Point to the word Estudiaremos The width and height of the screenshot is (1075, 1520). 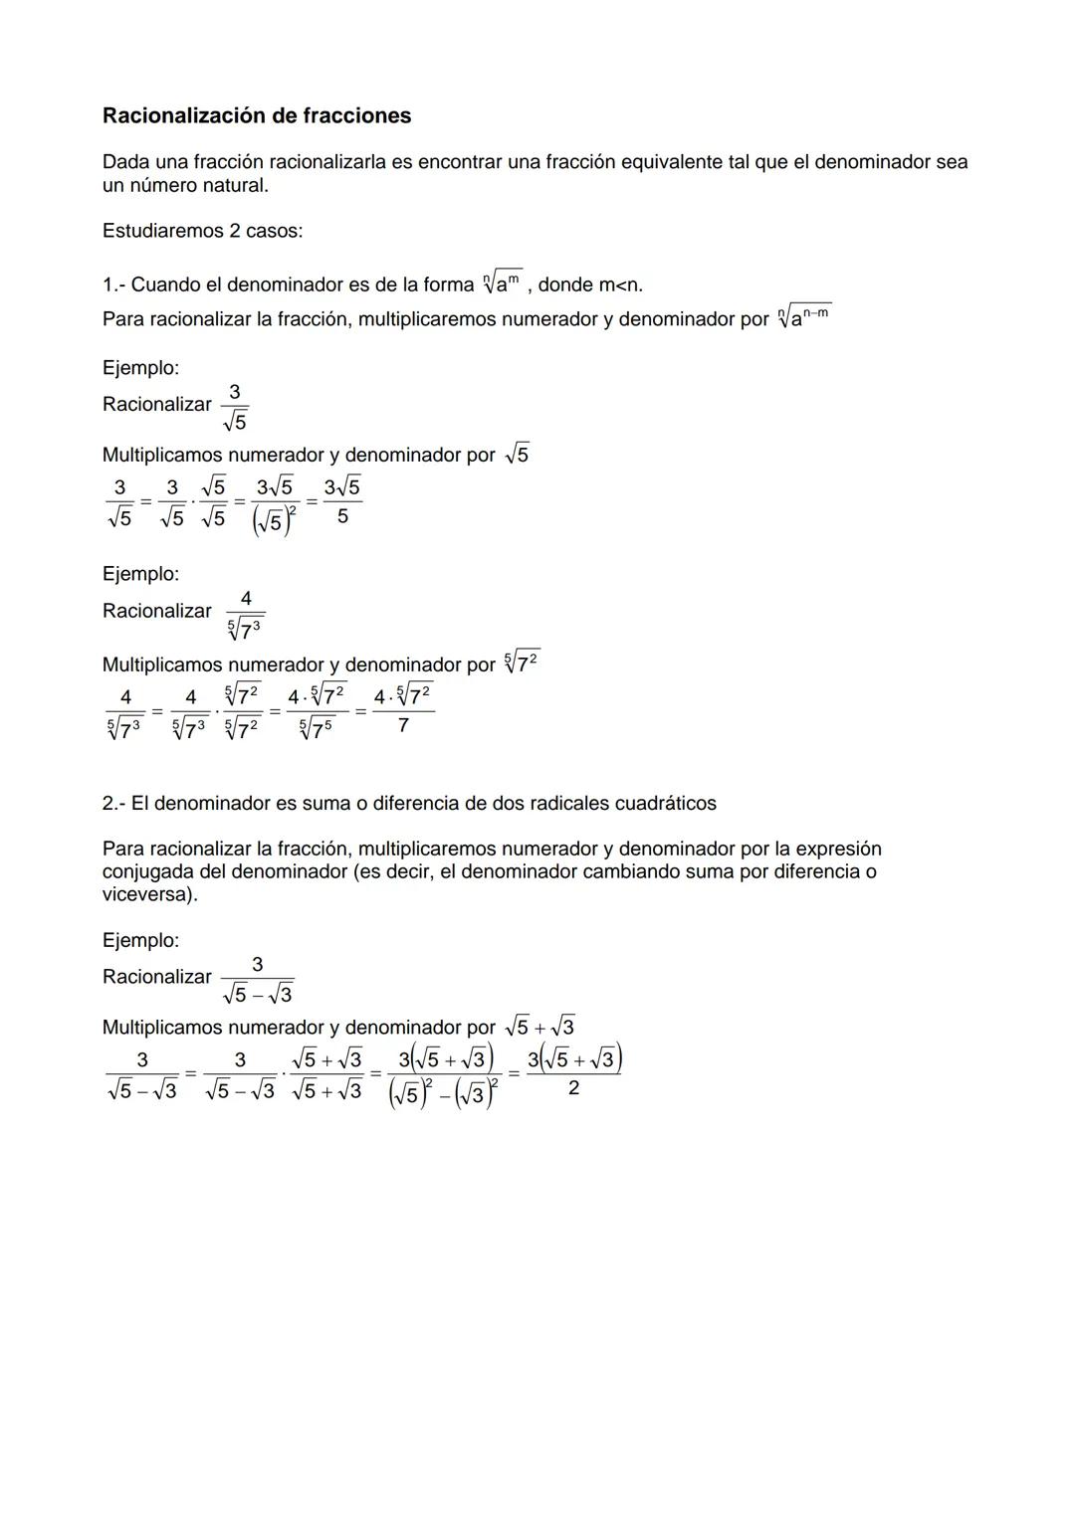[x=158, y=231]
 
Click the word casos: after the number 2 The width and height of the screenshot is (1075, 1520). [x=274, y=231]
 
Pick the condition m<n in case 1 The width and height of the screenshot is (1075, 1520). [x=619, y=285]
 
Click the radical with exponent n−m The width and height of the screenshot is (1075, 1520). [x=803, y=317]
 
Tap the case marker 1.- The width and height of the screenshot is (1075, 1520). [x=113, y=285]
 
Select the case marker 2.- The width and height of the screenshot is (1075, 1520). [x=113, y=804]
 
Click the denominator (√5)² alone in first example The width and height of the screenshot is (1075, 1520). [x=275, y=520]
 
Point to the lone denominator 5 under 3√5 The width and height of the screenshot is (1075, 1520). [x=342, y=517]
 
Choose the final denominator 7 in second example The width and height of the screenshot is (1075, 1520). [x=402, y=726]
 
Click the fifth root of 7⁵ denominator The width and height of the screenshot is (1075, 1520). [x=316, y=729]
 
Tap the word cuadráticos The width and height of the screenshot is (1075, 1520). [x=665, y=804]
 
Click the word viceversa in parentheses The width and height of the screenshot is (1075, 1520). [x=147, y=895]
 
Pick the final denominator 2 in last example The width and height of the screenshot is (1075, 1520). [x=573, y=1089]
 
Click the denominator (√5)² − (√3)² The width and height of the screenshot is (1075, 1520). [x=445, y=1094]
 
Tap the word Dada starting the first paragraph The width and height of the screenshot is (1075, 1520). [x=125, y=162]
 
